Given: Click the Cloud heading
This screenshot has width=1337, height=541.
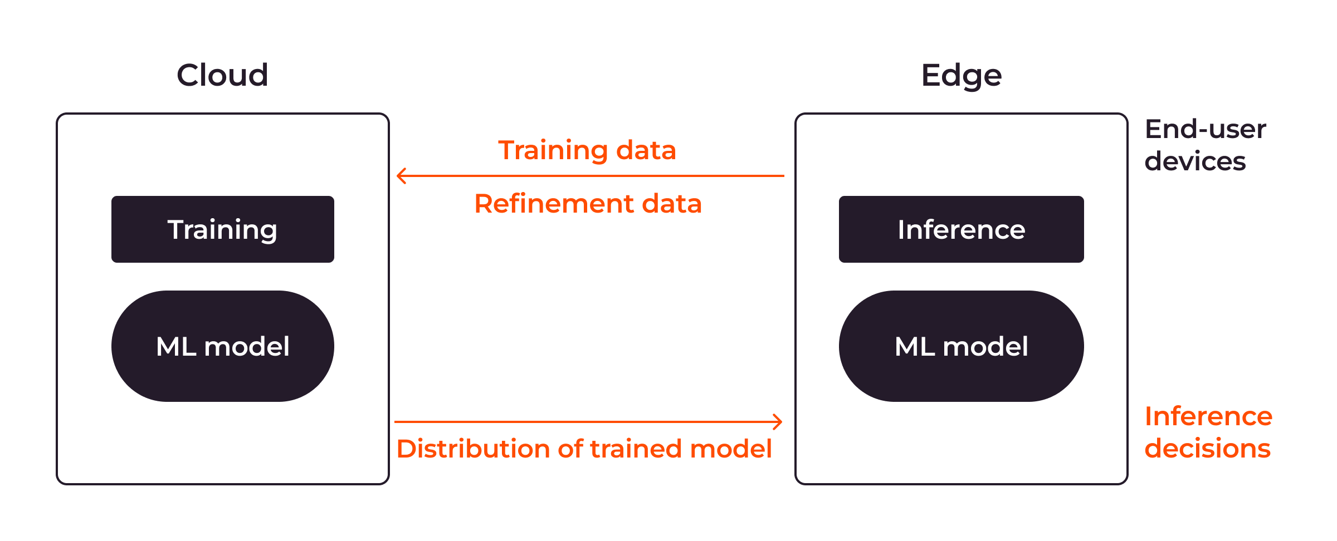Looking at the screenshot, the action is point(222,75).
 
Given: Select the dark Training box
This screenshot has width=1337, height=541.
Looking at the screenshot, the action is point(223,229).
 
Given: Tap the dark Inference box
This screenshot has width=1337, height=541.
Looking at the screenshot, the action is point(962,229).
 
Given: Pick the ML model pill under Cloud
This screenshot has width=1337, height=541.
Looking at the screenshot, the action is point(223,346).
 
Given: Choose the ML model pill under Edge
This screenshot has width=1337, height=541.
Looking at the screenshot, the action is point(962,346).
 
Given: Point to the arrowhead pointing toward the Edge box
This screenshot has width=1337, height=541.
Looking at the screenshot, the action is point(777,422).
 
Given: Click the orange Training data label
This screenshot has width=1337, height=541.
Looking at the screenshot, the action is point(587,150).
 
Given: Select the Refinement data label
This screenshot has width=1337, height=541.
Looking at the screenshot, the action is point(588,204).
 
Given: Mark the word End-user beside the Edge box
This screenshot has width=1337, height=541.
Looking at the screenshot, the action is point(1206,129).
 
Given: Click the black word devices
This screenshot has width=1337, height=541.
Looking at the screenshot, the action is point(1195,161).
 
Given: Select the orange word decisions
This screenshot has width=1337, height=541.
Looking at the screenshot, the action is point(1207,449).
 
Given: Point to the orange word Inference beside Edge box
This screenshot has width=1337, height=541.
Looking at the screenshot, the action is point(1208,416).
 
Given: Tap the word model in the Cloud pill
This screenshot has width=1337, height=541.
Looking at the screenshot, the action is point(247,346).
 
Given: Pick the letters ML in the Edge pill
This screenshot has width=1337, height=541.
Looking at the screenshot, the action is point(915,346).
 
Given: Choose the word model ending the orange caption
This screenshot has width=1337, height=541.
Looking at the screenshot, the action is point(730,449).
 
